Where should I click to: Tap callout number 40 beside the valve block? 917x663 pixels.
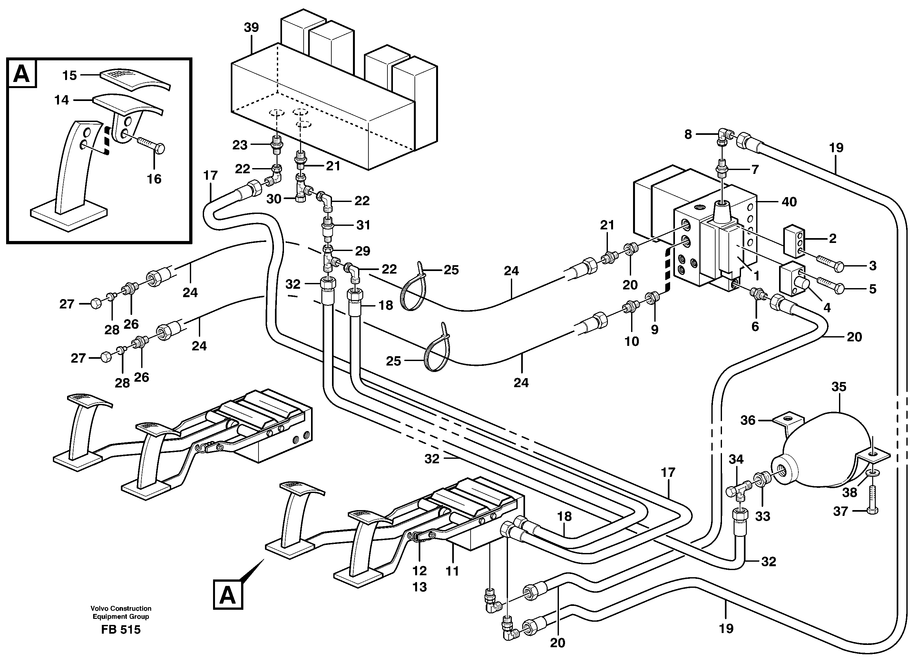tap(789, 202)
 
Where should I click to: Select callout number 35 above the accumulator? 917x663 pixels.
tap(839, 387)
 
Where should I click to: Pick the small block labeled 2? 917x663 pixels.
tap(795, 242)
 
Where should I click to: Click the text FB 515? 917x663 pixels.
tap(121, 630)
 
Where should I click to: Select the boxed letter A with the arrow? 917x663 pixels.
tap(228, 595)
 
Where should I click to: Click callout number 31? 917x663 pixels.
tap(363, 225)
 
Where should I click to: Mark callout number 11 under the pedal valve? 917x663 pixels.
tap(452, 571)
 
